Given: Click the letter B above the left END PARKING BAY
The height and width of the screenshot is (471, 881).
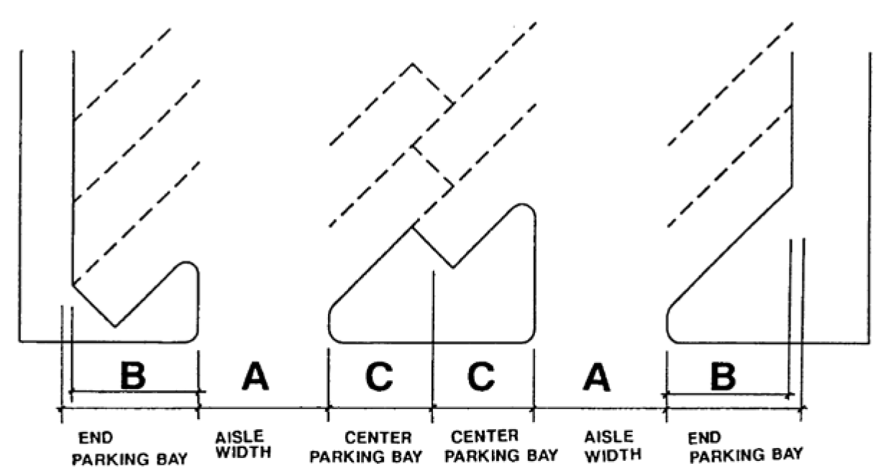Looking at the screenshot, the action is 133,375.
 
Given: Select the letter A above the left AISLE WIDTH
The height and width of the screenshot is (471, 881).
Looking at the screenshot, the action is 255,377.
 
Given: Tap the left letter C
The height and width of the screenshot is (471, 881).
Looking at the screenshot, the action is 379,377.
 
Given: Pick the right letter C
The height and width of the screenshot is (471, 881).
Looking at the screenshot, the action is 481,376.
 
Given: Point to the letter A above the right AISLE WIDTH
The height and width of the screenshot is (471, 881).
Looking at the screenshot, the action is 597,377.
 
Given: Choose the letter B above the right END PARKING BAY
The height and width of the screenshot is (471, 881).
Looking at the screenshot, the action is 723,377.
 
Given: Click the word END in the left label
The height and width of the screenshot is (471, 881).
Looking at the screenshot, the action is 96,438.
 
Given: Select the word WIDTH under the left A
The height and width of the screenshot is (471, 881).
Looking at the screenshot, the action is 244,452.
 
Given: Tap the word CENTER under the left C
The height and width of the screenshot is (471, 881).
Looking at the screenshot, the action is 378,438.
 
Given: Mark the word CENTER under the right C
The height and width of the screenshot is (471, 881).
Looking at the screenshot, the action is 485,436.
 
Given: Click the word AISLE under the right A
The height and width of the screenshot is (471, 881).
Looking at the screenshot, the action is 609,436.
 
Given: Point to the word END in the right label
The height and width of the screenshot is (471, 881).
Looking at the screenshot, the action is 704,438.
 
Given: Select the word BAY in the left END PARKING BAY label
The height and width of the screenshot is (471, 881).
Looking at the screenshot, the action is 172,459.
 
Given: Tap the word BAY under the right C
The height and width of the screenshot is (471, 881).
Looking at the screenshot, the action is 542,455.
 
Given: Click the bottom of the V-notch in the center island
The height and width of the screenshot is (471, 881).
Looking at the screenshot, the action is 452,268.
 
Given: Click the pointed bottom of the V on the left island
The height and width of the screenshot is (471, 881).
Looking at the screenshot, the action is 115,326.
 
